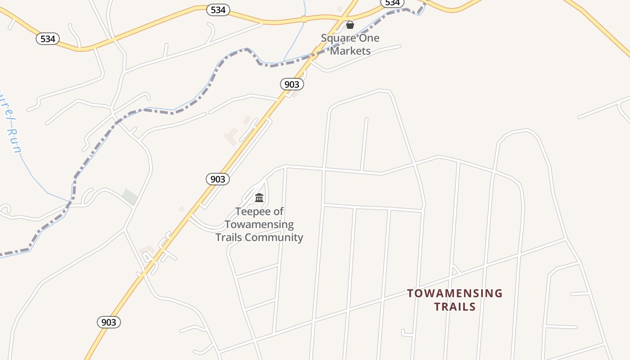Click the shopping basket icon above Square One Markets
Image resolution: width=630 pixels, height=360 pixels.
[350, 25]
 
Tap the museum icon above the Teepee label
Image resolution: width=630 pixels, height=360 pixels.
[259, 198]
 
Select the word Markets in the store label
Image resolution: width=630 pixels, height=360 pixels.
[351, 51]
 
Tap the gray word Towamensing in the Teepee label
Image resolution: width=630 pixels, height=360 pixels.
[259, 224]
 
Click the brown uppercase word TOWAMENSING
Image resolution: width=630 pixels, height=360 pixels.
[455, 293]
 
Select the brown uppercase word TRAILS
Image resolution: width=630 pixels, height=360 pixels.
[455, 307]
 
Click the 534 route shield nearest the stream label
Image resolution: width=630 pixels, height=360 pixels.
[48, 39]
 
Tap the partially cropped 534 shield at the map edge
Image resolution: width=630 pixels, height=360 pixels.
[392, 3]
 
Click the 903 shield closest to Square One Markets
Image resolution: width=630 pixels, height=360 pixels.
[292, 84]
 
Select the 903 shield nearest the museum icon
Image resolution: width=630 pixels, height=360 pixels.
[218, 179]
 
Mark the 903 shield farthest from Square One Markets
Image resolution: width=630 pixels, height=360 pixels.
[109, 322]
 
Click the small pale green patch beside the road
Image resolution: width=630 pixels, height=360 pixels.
[130, 197]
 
